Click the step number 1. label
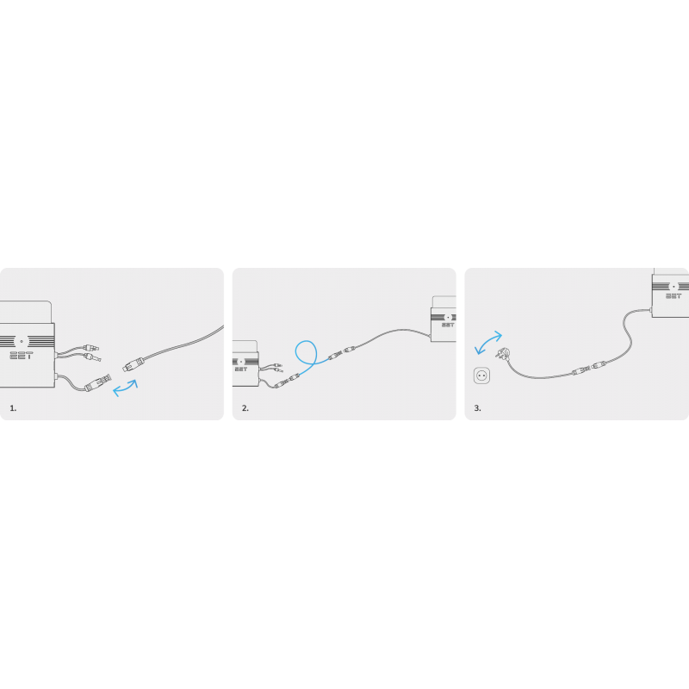click(x=13, y=407)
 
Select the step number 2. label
click(x=245, y=407)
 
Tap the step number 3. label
click(x=478, y=407)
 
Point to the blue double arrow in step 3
click(x=488, y=342)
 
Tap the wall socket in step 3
click(x=481, y=376)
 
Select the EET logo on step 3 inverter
click(x=673, y=295)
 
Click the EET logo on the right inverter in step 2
click(x=447, y=325)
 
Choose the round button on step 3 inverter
click(x=673, y=286)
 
